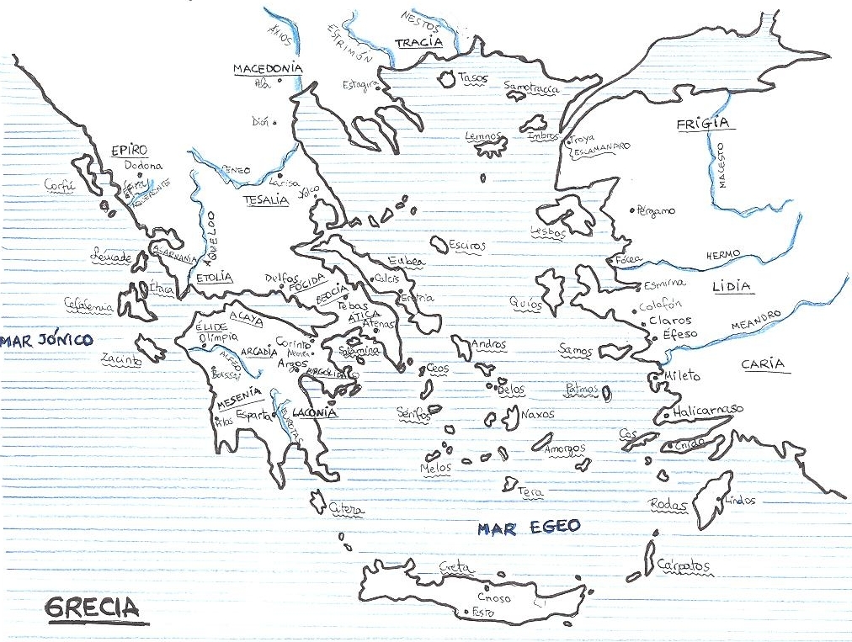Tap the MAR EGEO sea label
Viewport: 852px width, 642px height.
point(529,528)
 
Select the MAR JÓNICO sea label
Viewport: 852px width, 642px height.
point(45,341)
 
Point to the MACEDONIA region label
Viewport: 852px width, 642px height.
point(268,68)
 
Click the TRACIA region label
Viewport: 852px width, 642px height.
point(418,43)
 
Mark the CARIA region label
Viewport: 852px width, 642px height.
point(763,364)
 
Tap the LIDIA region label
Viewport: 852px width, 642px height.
point(731,287)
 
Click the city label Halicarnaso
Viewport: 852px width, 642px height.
point(708,409)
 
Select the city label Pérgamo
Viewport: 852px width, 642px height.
point(656,210)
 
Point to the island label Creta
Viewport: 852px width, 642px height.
point(453,569)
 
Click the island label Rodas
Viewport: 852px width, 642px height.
point(669,504)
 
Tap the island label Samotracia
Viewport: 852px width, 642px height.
point(530,86)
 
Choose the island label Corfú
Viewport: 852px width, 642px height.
point(60,186)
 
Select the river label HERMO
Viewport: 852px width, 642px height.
point(723,254)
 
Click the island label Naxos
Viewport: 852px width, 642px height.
point(537,414)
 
